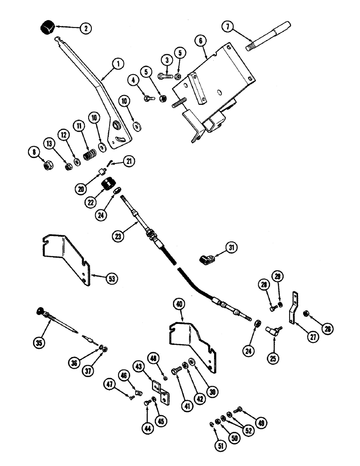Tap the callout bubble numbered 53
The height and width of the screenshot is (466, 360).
click(x=110, y=279)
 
